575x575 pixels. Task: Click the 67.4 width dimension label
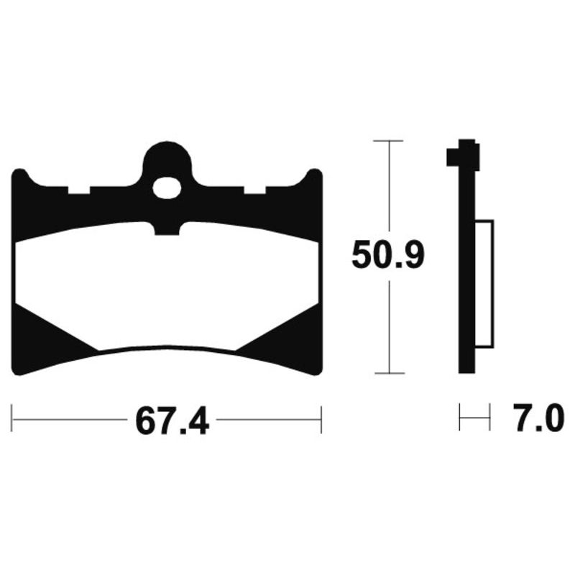(172, 420)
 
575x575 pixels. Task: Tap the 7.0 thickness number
(538, 418)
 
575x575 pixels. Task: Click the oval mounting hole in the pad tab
(167, 188)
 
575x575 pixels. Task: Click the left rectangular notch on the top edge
(79, 190)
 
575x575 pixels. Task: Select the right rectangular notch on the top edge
(255, 190)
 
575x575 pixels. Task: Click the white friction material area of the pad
(167, 286)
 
